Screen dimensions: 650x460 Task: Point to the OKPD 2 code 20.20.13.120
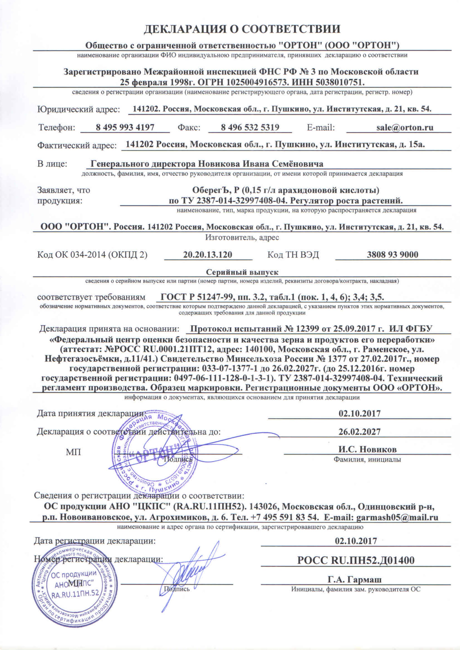[x=208, y=255]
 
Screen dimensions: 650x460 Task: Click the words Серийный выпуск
[x=242, y=272]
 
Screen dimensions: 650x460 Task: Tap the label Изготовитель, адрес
[x=242, y=238]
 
